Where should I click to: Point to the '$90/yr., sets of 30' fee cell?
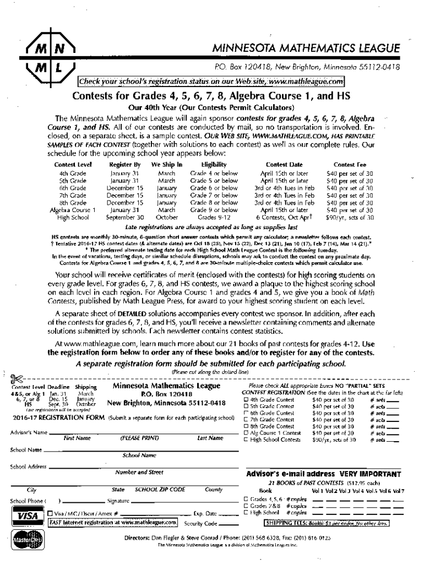click(349, 217)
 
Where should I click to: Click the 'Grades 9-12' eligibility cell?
click(214, 217)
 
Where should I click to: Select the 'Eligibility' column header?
click(214, 164)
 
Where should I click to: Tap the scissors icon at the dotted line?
click(16, 377)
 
